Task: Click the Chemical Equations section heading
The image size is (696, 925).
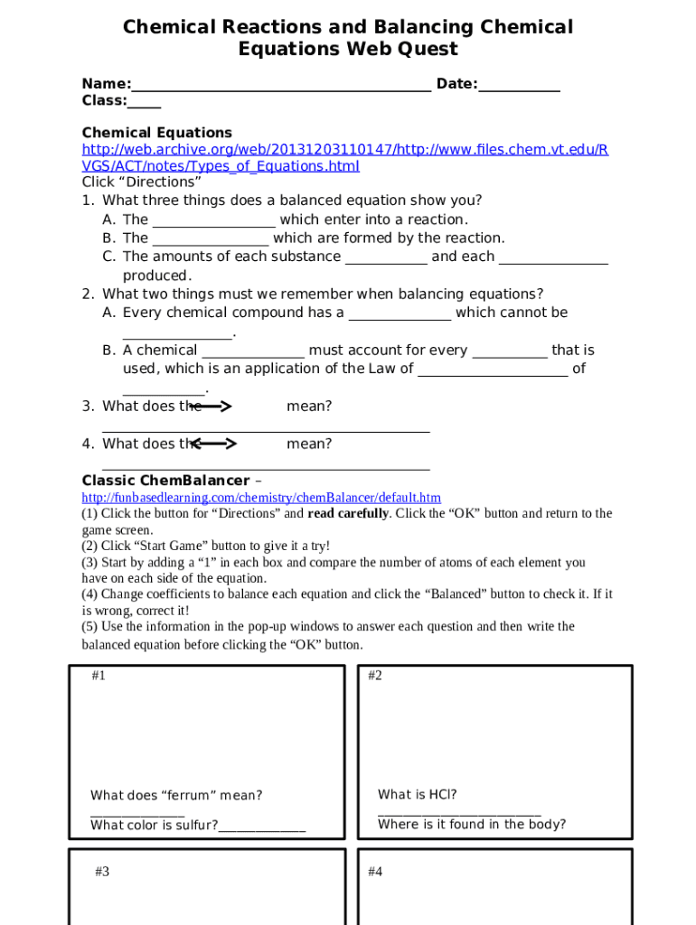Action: (x=156, y=133)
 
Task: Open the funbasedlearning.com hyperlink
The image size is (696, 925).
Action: (x=261, y=498)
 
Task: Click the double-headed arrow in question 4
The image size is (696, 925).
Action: (x=214, y=444)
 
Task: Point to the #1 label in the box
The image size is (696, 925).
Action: (x=99, y=676)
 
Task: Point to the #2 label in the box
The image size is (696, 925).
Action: (x=375, y=676)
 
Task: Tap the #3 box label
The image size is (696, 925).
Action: (x=102, y=872)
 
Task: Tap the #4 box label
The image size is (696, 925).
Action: (x=375, y=872)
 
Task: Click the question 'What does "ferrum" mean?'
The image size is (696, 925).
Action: (x=176, y=796)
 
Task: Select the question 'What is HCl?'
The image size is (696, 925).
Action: (x=417, y=795)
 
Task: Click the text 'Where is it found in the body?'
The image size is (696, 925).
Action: (x=472, y=825)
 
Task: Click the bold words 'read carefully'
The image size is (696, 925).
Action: (x=348, y=514)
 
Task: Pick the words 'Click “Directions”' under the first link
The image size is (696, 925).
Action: (x=141, y=182)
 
